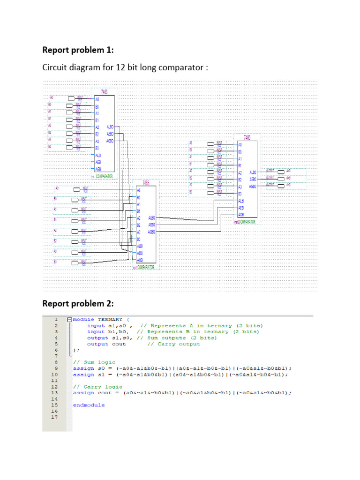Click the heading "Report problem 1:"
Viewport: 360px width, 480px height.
click(78, 50)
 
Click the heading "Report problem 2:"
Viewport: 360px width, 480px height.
click(78, 303)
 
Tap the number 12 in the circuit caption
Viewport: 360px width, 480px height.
click(124, 68)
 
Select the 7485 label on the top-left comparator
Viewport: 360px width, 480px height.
click(104, 92)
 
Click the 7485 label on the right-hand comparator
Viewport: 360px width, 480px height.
click(247, 138)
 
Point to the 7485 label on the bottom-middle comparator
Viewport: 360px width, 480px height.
click(146, 183)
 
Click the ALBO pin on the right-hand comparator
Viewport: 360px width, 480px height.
click(252, 172)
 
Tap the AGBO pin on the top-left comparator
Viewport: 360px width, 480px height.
click(110, 141)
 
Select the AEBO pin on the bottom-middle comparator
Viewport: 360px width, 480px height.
click(151, 225)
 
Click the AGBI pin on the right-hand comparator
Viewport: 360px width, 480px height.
click(241, 214)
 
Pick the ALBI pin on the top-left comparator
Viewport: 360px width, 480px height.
click(98, 155)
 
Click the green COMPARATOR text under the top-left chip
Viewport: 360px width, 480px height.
click(104, 176)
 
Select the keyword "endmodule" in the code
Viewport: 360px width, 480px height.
click(89, 405)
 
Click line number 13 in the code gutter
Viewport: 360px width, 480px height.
click(55, 392)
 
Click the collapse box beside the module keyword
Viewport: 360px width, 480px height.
click(69, 319)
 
